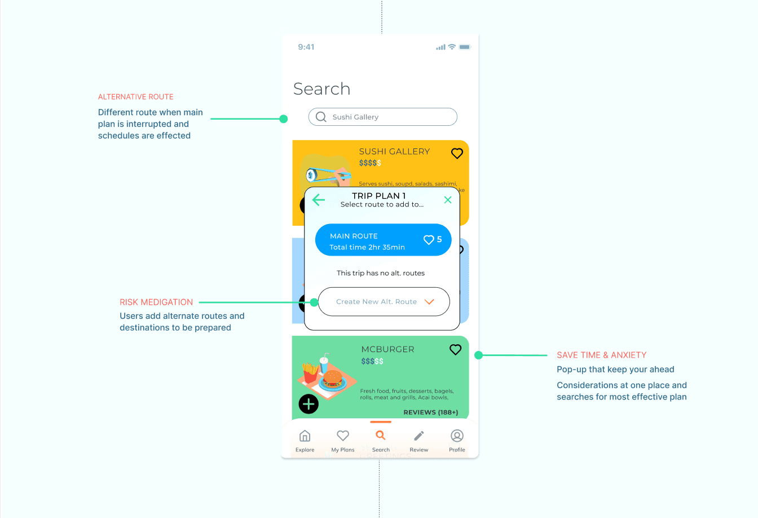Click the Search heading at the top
pos(321,89)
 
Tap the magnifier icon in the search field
pos(321,117)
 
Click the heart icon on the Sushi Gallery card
pos(457,153)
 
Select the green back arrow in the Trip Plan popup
pos(319,200)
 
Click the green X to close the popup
pos(448,200)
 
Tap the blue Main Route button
pos(383,240)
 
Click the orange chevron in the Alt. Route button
pos(429,302)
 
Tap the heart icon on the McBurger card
pos(455,350)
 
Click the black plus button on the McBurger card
pos(309,404)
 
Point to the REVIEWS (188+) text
pos(430,412)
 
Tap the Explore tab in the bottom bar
pos(305,440)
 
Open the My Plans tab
pos(343,440)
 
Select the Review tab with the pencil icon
pos(419,440)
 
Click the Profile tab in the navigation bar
pos(457,440)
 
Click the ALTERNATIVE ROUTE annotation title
pos(136,97)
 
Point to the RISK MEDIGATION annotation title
pos(156,302)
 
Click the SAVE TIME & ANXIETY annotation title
pos(601,355)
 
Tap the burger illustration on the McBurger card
pos(332,379)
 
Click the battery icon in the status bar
pos(465,47)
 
